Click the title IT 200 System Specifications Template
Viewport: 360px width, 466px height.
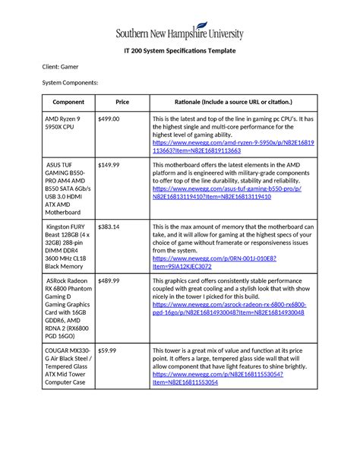[180, 51]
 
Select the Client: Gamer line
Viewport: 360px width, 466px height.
[60, 67]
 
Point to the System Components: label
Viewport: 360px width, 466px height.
[70, 82]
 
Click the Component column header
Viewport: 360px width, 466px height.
[68, 102]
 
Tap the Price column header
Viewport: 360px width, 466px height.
[122, 102]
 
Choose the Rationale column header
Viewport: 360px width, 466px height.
[232, 102]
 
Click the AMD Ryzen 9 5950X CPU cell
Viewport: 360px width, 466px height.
[64, 125]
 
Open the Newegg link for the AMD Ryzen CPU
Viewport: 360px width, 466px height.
[233, 147]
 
